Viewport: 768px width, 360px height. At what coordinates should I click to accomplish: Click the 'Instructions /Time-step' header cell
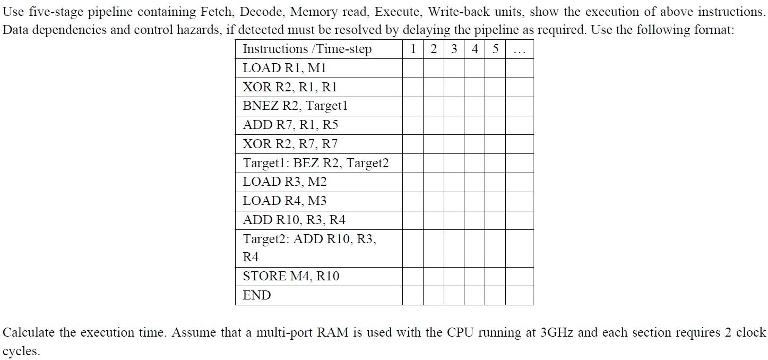click(x=307, y=49)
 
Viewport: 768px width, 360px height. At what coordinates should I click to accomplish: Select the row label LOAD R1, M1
click(x=284, y=68)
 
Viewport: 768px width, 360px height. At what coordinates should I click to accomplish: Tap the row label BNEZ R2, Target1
click(x=295, y=106)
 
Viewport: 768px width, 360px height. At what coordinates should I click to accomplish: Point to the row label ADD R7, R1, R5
click(x=290, y=125)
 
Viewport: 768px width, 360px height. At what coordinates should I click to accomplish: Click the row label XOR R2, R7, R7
click(x=290, y=144)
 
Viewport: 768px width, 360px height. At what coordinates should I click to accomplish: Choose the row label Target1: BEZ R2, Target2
click(x=316, y=163)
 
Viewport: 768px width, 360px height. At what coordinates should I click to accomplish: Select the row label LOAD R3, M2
click(x=284, y=182)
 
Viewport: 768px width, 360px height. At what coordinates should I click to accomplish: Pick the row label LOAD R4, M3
click(x=284, y=201)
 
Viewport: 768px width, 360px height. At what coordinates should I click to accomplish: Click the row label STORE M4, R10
click(x=291, y=276)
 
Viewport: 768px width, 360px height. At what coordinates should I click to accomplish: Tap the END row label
click(x=257, y=295)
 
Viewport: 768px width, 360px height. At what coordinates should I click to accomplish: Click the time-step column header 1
click(x=413, y=49)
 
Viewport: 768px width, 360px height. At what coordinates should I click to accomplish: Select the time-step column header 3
click(x=454, y=49)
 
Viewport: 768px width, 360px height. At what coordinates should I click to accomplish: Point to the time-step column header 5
click(x=495, y=49)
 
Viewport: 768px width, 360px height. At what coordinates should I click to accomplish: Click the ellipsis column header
click(x=519, y=49)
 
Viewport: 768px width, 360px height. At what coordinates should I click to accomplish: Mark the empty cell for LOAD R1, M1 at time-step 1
click(x=413, y=68)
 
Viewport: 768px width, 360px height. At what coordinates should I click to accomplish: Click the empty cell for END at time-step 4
click(x=474, y=295)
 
